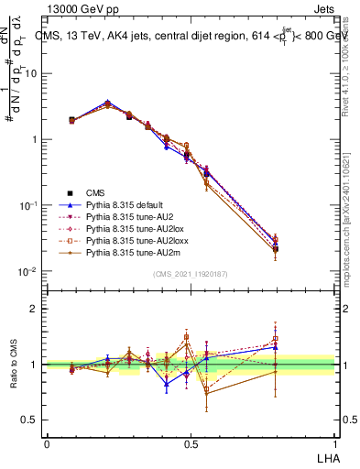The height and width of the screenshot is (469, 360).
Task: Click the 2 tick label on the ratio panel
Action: click(36, 309)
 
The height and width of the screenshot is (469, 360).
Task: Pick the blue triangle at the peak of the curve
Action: click(108, 103)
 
